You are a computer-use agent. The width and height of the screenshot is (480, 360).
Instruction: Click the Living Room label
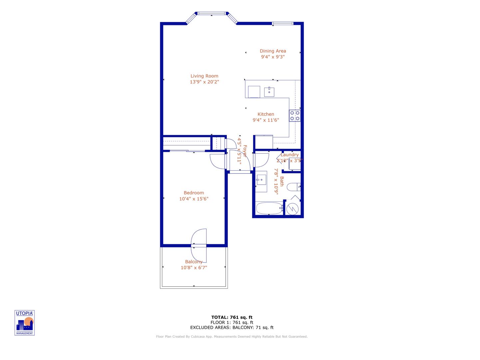(x=204, y=76)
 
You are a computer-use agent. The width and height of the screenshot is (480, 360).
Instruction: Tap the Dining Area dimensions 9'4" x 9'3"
(x=272, y=57)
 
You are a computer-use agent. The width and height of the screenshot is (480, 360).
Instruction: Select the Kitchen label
(x=265, y=114)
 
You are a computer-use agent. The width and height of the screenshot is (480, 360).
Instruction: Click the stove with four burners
(x=294, y=116)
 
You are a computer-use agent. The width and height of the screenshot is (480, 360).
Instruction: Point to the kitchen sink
(x=269, y=92)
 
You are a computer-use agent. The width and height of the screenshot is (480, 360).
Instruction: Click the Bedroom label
(x=194, y=193)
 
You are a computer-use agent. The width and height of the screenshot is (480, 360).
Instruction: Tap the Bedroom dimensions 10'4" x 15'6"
(x=194, y=199)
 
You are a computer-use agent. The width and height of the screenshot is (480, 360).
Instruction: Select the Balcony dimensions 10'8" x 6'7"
(x=194, y=268)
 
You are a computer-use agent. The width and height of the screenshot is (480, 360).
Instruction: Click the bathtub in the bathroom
(x=269, y=209)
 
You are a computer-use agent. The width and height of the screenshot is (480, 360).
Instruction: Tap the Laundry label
(x=289, y=155)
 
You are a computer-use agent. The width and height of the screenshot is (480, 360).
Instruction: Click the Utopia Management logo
(x=25, y=323)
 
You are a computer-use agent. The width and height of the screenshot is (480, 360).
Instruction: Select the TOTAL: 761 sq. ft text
(x=232, y=317)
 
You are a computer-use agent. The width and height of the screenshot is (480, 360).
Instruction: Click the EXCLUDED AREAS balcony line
(x=232, y=328)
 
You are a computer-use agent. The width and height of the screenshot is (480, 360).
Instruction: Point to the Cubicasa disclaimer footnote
(x=232, y=337)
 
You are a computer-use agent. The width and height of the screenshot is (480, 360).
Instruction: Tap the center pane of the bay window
(x=212, y=14)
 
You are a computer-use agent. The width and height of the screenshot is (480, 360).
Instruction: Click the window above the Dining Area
(x=282, y=23)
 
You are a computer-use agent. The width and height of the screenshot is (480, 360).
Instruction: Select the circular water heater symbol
(x=292, y=209)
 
